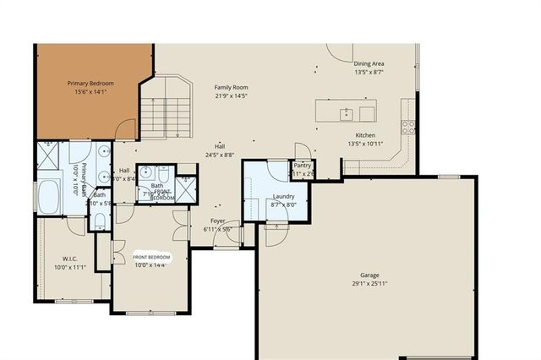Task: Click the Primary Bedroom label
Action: [x=90, y=84]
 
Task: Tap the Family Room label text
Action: [x=230, y=87]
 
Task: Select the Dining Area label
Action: [x=369, y=63]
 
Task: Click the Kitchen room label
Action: [x=365, y=135]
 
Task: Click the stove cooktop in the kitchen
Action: [x=409, y=127]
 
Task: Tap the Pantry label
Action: [x=303, y=165]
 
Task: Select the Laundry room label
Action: [x=283, y=195]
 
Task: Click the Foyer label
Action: [x=218, y=221]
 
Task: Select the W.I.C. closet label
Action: [x=70, y=259]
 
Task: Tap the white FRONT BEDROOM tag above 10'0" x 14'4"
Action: [x=151, y=256]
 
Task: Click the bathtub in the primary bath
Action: [x=48, y=198]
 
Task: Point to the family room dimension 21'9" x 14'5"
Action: [x=230, y=96]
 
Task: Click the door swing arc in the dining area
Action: [x=340, y=52]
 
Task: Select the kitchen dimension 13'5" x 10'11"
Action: [x=365, y=145]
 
